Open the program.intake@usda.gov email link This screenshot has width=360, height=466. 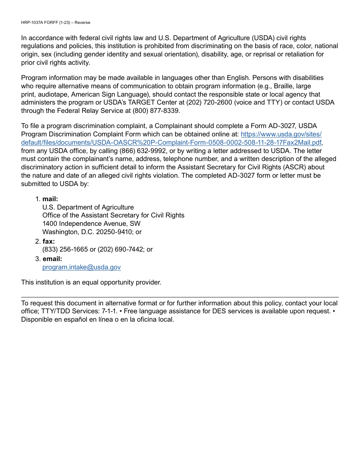pyautogui.click(x=81, y=267)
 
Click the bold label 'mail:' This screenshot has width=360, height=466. pyautogui.click(x=50, y=199)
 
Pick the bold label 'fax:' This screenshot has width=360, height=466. pyautogui.click(x=49, y=241)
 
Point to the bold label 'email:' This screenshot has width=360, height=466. pyautogui.click(x=52, y=259)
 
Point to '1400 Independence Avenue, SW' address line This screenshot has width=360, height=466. pyautogui.click(x=91, y=224)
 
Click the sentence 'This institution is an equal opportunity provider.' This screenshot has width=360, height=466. pyautogui.click(x=91, y=282)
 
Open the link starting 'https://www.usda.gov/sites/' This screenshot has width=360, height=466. pyautogui.click(x=281, y=134)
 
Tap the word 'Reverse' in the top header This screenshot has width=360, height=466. pyautogui.click(x=82, y=22)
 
